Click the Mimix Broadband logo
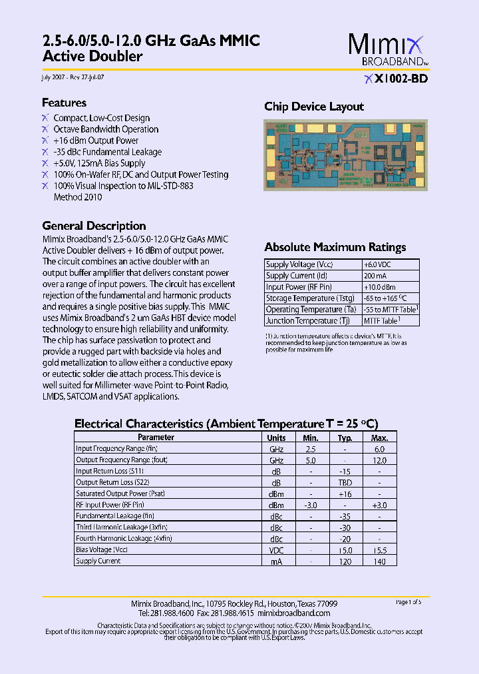[387, 50]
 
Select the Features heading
[64, 103]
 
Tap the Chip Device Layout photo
[345, 155]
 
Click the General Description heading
[94, 226]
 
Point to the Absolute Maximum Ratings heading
[335, 247]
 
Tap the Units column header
[276, 438]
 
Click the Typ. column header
[345, 438]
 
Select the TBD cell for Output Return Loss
[345, 482]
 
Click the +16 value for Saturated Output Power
[345, 494]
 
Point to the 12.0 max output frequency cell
[379, 460]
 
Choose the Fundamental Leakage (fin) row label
[115, 516]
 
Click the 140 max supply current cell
[379, 561]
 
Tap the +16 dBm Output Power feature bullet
[96, 141]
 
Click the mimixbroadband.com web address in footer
[293, 613]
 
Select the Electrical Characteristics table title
[226, 424]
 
